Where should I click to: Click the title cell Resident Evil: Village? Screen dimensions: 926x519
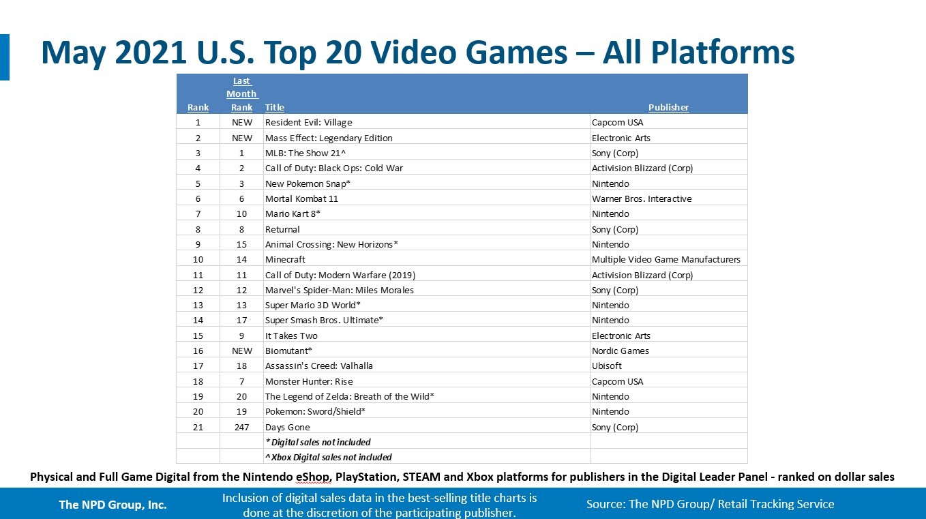coord(308,122)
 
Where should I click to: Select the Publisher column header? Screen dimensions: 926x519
coord(668,107)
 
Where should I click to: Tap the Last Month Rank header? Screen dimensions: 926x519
coord(242,94)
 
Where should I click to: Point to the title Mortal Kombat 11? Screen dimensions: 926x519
coord(301,199)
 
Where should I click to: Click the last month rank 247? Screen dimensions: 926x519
coord(242,427)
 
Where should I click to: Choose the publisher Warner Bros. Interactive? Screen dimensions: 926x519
coord(642,199)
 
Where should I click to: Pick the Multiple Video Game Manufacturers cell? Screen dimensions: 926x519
coord(666,259)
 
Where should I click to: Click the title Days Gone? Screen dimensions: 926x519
coord(287,427)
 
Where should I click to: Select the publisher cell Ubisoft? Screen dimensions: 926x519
coord(606,366)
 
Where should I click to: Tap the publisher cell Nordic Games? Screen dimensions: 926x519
coord(620,351)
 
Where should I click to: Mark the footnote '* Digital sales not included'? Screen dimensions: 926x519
coord(318,442)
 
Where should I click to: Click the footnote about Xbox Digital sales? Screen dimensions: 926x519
coord(328,457)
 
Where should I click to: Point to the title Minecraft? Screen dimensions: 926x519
coord(285,259)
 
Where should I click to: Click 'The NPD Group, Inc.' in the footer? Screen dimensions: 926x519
coord(113,505)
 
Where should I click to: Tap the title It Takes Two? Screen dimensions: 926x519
coord(291,336)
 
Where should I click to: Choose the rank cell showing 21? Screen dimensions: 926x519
coord(198,427)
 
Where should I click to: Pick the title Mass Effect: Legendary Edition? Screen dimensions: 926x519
coord(329,138)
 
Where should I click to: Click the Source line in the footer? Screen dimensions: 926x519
coord(711,504)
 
